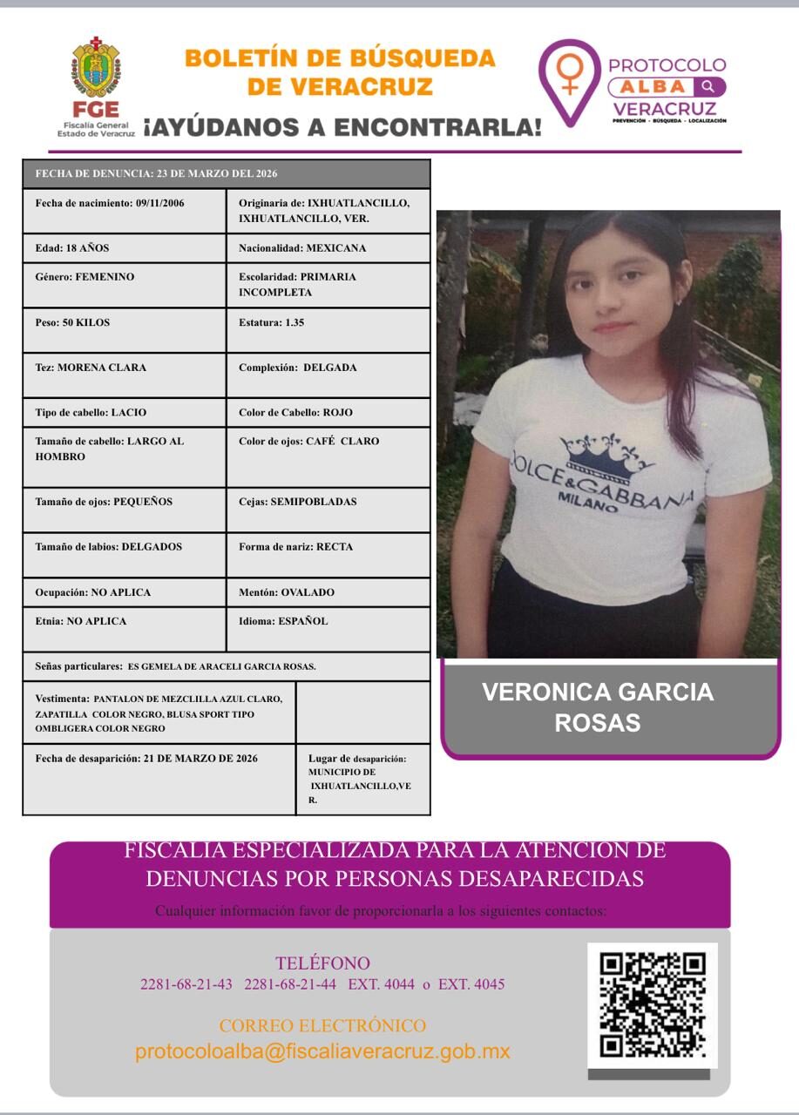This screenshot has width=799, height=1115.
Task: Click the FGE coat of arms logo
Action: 96,67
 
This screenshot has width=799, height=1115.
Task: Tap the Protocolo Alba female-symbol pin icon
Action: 570,77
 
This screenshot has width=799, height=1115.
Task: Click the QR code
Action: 653,1005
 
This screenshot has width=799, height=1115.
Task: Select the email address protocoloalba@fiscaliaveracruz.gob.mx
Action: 322,1051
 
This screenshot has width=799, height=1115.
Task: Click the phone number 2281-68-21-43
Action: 186,985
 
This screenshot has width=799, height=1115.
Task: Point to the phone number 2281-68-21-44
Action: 290,985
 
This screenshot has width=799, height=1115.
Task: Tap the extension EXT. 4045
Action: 471,985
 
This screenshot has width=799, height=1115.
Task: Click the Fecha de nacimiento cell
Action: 125,211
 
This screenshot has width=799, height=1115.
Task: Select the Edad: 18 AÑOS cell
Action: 125,248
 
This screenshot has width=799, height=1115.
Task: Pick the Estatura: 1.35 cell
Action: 328,330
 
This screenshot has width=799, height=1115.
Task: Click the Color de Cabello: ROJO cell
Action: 328,412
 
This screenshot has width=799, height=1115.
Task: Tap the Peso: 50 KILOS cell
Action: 125,330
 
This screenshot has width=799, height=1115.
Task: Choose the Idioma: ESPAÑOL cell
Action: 328,629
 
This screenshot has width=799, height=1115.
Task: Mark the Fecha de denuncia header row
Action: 227,173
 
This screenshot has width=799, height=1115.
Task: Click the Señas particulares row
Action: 227,666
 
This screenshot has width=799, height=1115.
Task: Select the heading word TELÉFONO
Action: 322,963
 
